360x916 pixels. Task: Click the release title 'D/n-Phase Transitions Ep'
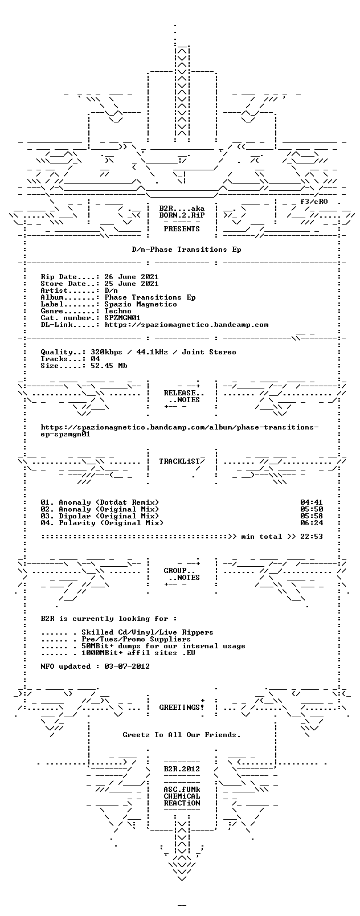[186, 250]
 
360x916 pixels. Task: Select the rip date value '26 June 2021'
[132, 277]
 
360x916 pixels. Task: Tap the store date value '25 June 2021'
[132, 284]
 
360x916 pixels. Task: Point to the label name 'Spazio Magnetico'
[141, 304]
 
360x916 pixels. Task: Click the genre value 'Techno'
[118, 311]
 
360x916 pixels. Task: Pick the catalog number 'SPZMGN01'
[122, 318]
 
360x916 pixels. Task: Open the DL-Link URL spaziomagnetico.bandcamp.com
[186, 325]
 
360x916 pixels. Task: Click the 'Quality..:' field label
[63, 352]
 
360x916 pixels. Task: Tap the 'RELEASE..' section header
[183, 393]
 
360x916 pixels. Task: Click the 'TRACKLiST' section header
[179, 461]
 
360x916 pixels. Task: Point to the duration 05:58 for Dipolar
[312, 516]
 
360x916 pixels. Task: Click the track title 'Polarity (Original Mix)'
[111, 523]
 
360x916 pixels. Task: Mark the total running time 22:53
[312, 537]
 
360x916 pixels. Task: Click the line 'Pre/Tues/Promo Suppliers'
[136, 639]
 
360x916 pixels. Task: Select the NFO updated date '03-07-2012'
[127, 666]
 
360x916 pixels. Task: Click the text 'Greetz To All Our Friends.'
[182, 735]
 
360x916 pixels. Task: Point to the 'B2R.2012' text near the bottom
[182, 769]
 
